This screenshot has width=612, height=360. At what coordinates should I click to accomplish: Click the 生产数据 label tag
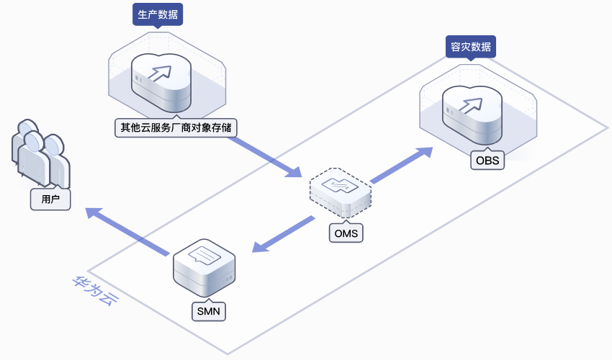tap(158, 14)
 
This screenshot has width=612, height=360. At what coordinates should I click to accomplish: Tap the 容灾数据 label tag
tap(470, 48)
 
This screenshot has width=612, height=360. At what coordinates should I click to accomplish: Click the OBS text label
tap(487, 160)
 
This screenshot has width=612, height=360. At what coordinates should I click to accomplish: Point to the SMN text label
tap(208, 311)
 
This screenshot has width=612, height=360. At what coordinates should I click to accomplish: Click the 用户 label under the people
tap(50, 199)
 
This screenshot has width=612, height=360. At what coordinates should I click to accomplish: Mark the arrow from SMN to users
tap(127, 231)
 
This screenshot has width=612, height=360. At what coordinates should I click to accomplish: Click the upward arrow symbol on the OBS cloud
tap(472, 104)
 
